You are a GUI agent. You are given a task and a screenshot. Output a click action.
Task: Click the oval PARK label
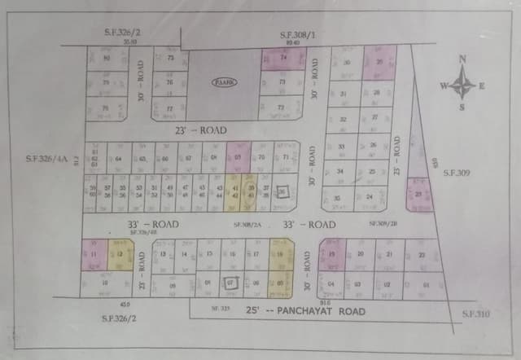[223, 82]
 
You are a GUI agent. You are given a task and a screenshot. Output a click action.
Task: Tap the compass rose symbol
[463, 83]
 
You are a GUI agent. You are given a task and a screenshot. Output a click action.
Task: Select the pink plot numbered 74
[283, 59]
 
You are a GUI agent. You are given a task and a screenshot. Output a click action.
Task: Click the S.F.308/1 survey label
[296, 35]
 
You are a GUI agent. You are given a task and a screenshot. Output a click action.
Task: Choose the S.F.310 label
[477, 314]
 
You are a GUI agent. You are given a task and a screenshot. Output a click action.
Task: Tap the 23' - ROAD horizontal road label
[200, 130]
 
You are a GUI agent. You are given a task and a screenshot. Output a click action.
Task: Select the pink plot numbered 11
[93, 256]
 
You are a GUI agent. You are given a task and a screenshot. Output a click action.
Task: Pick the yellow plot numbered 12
[120, 255]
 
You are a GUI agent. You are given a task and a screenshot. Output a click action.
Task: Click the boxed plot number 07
[231, 283]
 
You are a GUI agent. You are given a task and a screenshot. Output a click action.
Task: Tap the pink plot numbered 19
[332, 254]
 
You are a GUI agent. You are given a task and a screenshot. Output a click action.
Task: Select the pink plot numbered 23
[418, 195]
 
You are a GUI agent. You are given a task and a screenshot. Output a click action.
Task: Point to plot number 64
[119, 158]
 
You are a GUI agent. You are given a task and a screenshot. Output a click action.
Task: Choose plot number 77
[169, 108]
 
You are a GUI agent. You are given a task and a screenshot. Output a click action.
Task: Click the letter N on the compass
[462, 59]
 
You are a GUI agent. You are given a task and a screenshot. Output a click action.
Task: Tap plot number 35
[336, 198]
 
